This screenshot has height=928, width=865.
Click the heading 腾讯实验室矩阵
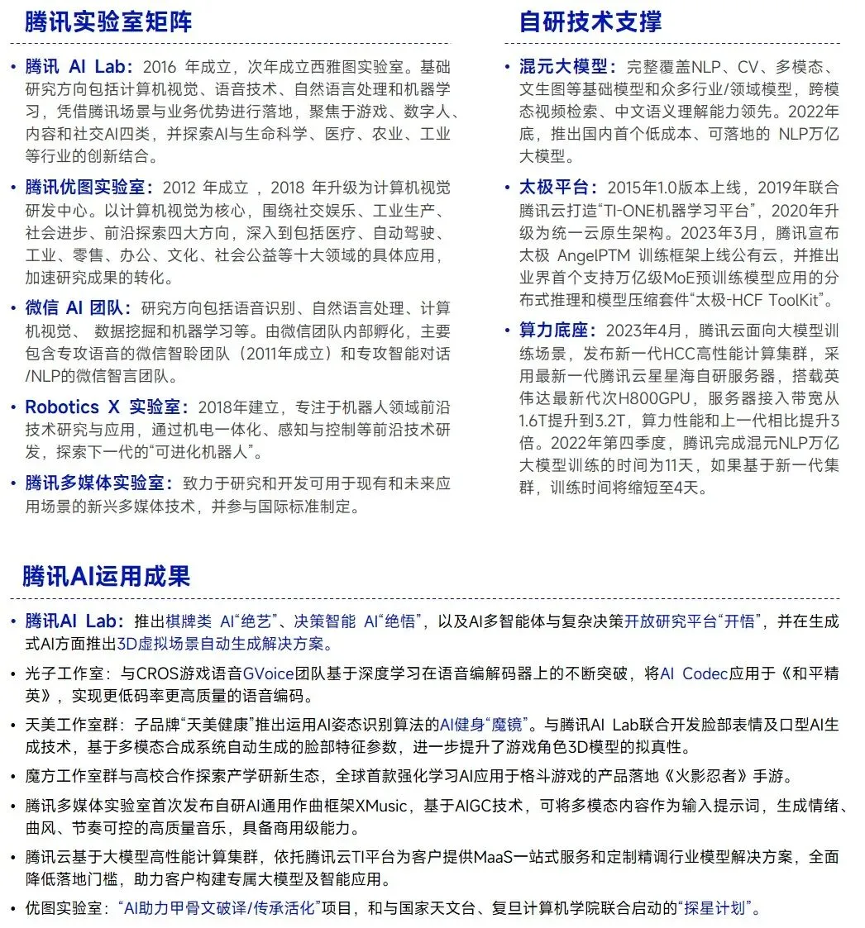(108, 21)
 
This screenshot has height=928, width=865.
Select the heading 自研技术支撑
(590, 21)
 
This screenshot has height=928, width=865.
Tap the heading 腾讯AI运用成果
(106, 576)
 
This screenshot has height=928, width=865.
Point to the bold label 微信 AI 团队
(78, 308)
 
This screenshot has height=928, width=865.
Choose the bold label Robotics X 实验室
(106, 407)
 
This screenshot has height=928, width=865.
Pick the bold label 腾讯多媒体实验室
(98, 483)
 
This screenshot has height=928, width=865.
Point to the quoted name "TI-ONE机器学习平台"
(681, 210)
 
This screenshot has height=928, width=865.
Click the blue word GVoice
(268, 673)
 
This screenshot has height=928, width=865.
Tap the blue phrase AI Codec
(694, 673)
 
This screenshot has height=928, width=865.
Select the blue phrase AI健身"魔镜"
(487, 726)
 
